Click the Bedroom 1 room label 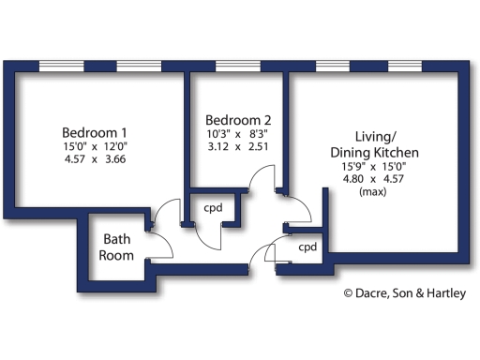[95, 131]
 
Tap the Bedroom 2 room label [238, 120]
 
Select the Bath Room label [117, 247]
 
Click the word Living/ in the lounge [374, 136]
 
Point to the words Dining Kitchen [374, 152]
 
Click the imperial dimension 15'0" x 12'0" [95, 145]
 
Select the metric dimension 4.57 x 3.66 [95, 158]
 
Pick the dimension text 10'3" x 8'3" [238, 134]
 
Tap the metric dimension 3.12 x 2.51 [238, 147]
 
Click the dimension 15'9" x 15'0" [374, 166]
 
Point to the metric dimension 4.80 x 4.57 [374, 179]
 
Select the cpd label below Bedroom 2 [213, 208]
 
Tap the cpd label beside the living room [307, 247]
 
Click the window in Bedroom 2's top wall [238, 66]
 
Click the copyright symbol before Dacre [348, 294]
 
